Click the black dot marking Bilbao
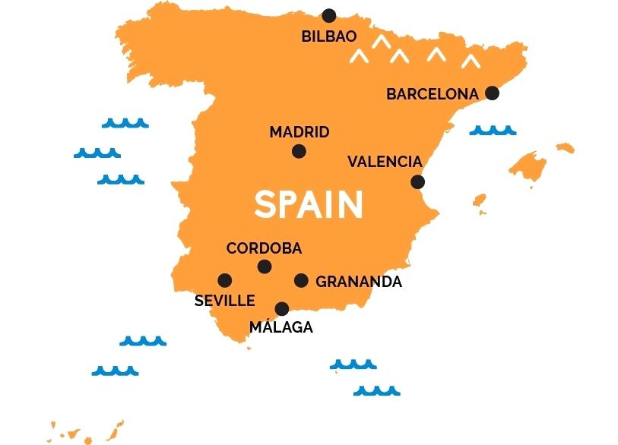coord(328,15)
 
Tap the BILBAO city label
coord(329,36)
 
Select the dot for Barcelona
coord(492,93)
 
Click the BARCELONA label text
coord(433,94)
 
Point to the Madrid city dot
coord(299,151)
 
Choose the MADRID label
coord(299,132)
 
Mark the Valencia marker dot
coord(417,181)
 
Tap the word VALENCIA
coord(385,162)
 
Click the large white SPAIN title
coord(309,204)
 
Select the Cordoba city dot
coord(265,267)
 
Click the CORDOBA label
coord(264,248)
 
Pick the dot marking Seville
coord(225,280)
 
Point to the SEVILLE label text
coord(224,301)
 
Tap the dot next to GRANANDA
coord(301,280)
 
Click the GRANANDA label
coord(359,282)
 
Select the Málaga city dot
coord(282,308)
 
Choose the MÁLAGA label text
coord(281,327)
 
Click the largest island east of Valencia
coord(528,164)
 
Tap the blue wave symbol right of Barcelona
coord(493,131)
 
